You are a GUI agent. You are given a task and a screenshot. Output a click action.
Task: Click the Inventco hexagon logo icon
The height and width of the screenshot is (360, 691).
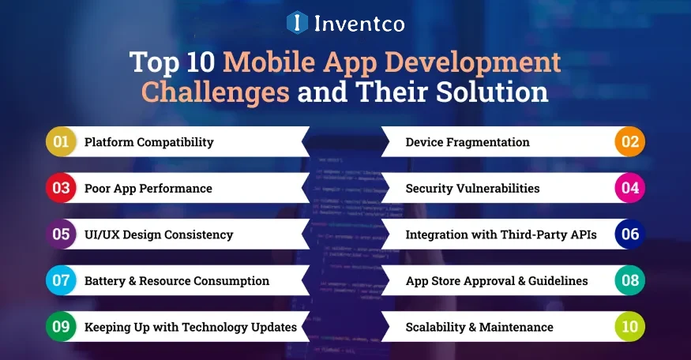(x=297, y=22)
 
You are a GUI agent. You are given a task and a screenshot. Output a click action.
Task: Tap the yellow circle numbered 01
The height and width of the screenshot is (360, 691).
(x=61, y=142)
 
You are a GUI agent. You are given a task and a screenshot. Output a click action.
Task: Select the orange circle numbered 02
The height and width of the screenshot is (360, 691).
(x=630, y=142)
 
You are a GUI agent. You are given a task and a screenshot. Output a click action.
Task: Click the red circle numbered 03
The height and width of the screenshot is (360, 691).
(x=61, y=189)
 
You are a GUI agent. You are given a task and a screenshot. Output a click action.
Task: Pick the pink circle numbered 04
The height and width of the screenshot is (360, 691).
(x=630, y=189)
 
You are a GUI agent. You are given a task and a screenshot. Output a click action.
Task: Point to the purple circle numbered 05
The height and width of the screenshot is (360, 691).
(x=61, y=234)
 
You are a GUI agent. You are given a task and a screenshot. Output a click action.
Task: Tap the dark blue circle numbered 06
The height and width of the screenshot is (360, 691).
(x=630, y=234)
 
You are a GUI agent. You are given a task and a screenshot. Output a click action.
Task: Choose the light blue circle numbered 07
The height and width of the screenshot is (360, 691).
(x=61, y=281)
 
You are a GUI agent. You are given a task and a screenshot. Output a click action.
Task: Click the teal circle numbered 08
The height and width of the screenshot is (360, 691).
(x=630, y=281)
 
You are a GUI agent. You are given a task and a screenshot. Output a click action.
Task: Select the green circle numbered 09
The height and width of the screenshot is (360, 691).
(x=61, y=327)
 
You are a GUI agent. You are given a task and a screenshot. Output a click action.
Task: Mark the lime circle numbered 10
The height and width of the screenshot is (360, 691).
(x=630, y=327)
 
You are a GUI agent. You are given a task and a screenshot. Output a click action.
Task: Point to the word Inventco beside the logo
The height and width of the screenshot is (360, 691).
(x=359, y=23)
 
